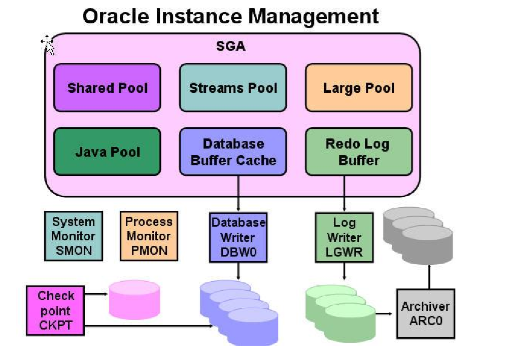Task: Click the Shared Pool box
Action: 107,87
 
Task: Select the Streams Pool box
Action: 233,87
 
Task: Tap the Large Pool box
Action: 358,87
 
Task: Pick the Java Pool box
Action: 107,152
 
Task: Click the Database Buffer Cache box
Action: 233,152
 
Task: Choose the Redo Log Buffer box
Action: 358,152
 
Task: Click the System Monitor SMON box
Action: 74,236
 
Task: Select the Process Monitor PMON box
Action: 149,236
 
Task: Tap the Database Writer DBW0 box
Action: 238,237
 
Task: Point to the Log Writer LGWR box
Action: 344,237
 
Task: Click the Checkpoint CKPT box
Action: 56,310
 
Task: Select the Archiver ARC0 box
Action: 425,313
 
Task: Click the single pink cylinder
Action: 134,301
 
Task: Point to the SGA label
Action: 231,46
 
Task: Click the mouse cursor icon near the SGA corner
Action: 48,45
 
